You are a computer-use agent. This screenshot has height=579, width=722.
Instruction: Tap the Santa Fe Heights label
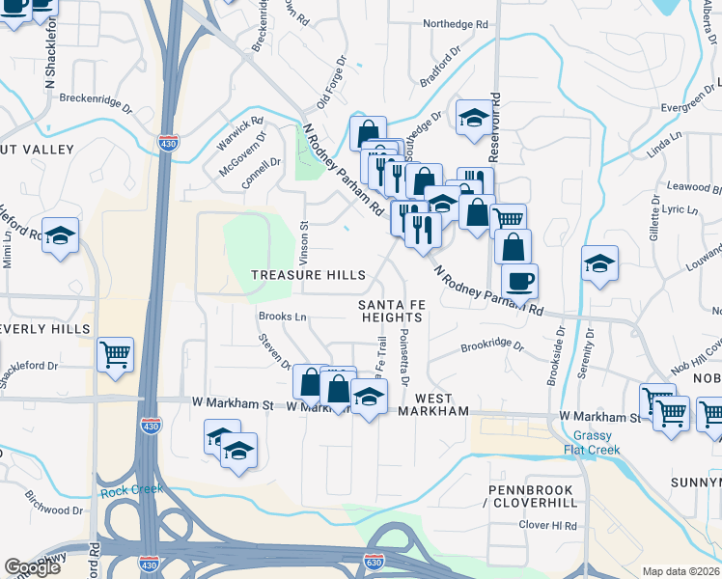pos(391,311)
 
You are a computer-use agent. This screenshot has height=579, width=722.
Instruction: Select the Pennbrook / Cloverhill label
pos(531,497)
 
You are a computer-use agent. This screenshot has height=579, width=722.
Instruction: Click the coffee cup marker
pos(519,281)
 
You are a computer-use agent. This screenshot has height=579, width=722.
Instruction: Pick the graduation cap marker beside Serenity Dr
pos(598,263)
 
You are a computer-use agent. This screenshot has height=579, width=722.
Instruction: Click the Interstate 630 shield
pos(375,561)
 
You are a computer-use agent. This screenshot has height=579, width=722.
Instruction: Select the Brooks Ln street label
pos(282,317)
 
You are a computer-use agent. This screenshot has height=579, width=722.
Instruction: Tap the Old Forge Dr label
pos(331,87)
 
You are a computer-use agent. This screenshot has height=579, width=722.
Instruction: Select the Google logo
pos(32,568)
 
